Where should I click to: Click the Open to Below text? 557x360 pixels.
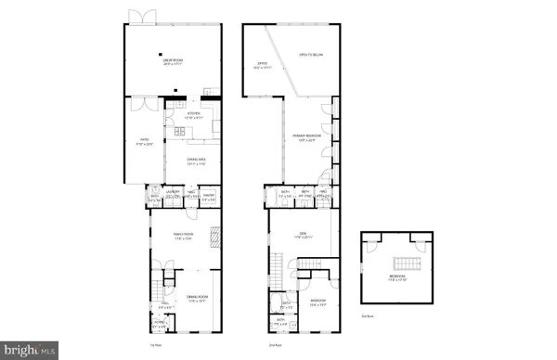(310, 54)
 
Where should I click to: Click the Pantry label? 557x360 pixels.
(209, 196)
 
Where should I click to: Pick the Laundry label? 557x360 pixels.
(171, 194)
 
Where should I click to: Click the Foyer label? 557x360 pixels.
(158, 325)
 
